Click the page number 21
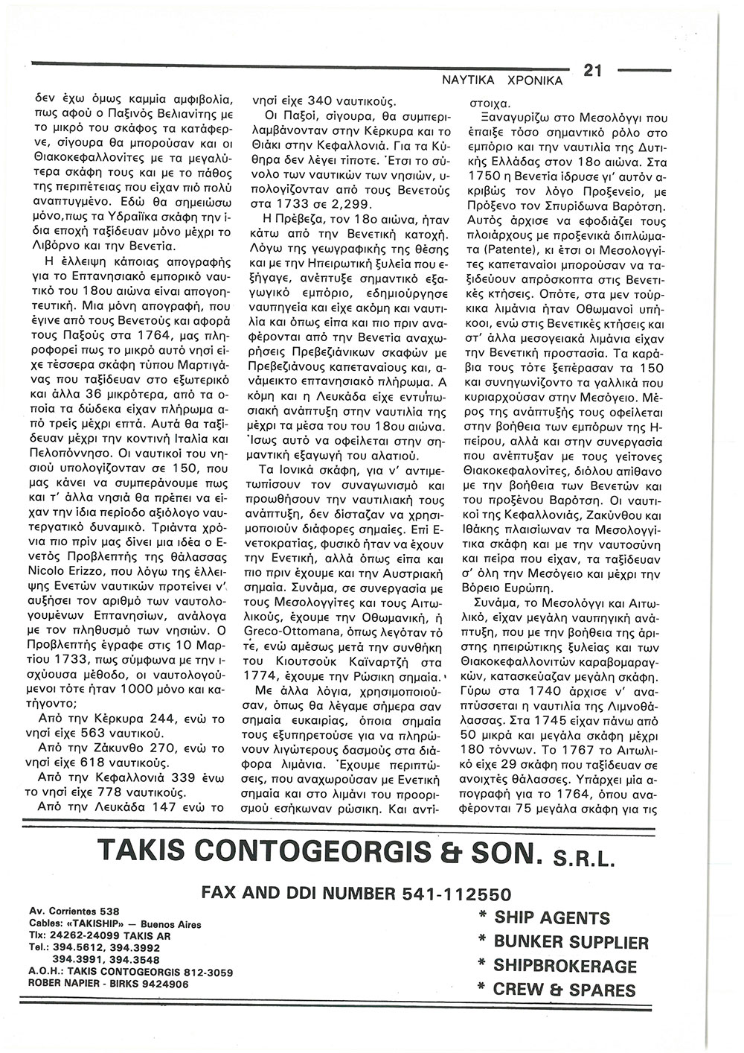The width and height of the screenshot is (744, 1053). point(592,71)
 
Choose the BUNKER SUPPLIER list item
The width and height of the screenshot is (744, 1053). point(563,942)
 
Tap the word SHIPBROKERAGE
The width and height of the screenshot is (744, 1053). point(565,967)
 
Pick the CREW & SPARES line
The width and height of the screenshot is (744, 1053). point(557,990)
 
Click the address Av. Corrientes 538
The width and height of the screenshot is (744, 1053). point(73,911)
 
